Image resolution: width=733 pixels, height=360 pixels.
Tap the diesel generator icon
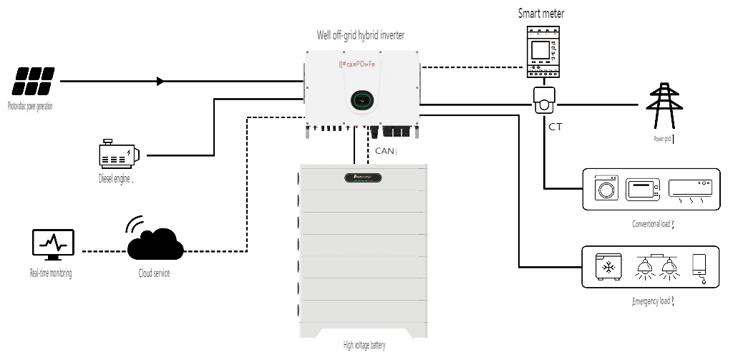(118, 155)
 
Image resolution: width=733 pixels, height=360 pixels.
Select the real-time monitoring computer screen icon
(52, 247)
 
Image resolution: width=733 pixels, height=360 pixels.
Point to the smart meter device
(541, 52)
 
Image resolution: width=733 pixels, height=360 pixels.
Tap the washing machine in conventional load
(606, 189)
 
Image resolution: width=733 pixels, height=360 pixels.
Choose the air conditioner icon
(690, 188)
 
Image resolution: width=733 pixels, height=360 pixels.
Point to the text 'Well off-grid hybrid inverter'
(361, 34)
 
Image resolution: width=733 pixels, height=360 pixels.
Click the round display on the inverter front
(361, 100)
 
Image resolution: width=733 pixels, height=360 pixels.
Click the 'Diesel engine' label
(115, 179)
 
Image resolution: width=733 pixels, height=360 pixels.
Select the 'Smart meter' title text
(541, 13)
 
